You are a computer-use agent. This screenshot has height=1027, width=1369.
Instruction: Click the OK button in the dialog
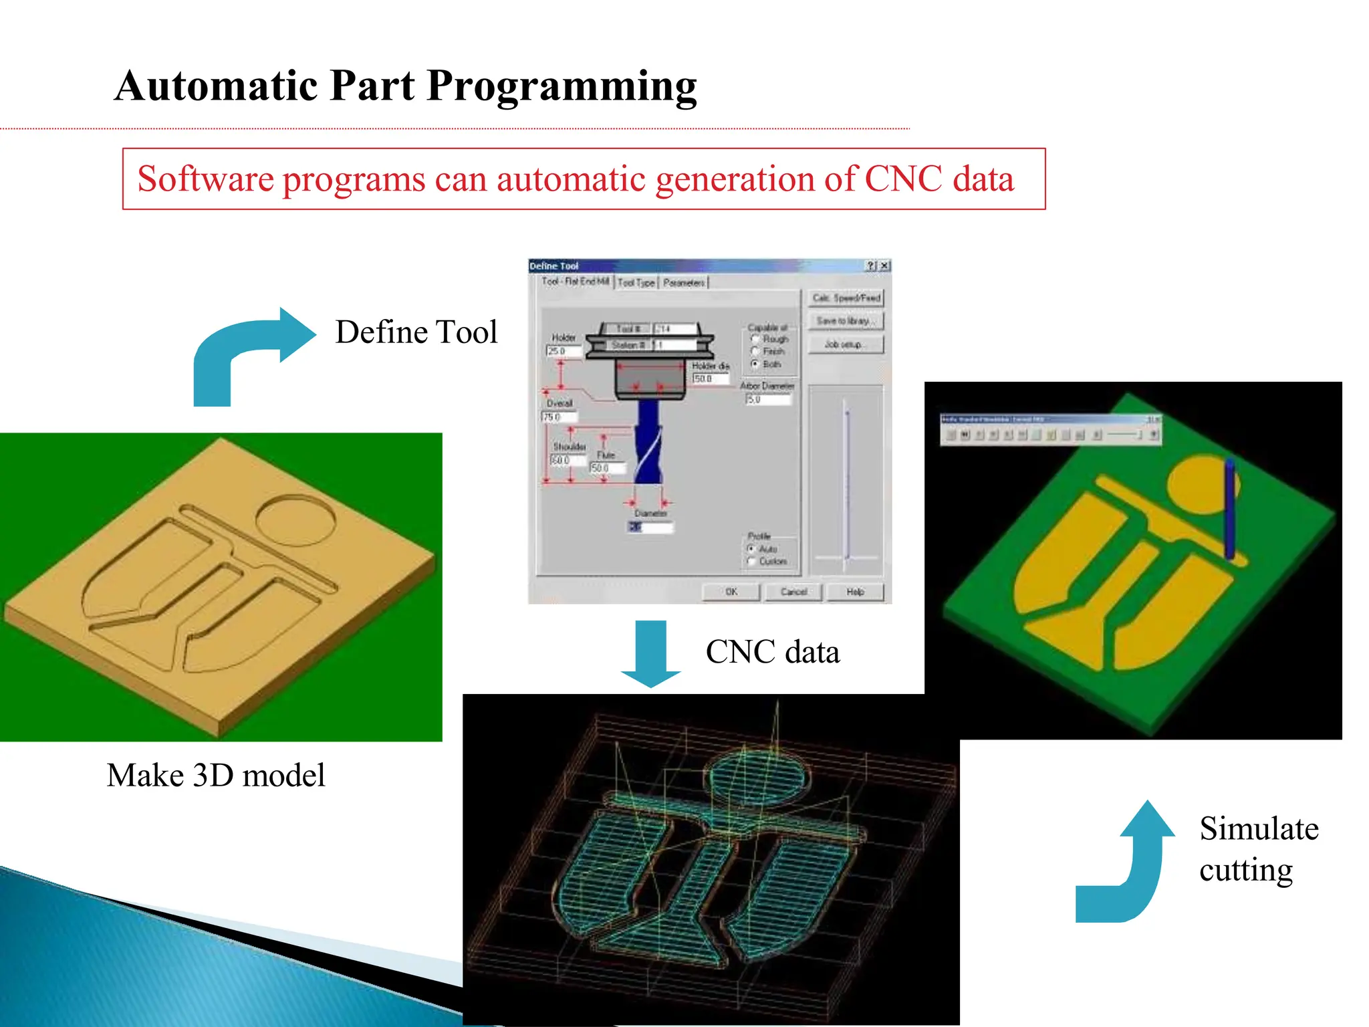click(x=731, y=592)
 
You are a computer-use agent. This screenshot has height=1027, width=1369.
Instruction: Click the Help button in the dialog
click(x=855, y=592)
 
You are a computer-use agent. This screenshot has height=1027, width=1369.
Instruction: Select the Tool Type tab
click(x=636, y=283)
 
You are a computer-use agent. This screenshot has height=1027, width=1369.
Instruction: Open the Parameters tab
click(x=684, y=283)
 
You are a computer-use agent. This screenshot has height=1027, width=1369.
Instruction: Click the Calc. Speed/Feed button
click(x=846, y=298)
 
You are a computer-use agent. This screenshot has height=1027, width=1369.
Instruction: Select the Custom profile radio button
click(x=752, y=562)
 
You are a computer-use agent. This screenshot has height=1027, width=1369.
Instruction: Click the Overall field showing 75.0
click(x=559, y=417)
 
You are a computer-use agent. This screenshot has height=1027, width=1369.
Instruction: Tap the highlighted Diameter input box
click(x=650, y=528)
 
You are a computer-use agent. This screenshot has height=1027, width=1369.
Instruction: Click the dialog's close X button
click(x=884, y=265)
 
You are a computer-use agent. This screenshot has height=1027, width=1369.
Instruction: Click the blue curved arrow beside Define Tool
click(x=251, y=351)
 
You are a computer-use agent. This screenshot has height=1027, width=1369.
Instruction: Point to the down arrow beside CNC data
click(x=650, y=654)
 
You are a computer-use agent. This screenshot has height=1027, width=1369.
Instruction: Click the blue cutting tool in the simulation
click(x=1229, y=508)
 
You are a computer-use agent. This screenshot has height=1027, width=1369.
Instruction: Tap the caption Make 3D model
click(x=215, y=776)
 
